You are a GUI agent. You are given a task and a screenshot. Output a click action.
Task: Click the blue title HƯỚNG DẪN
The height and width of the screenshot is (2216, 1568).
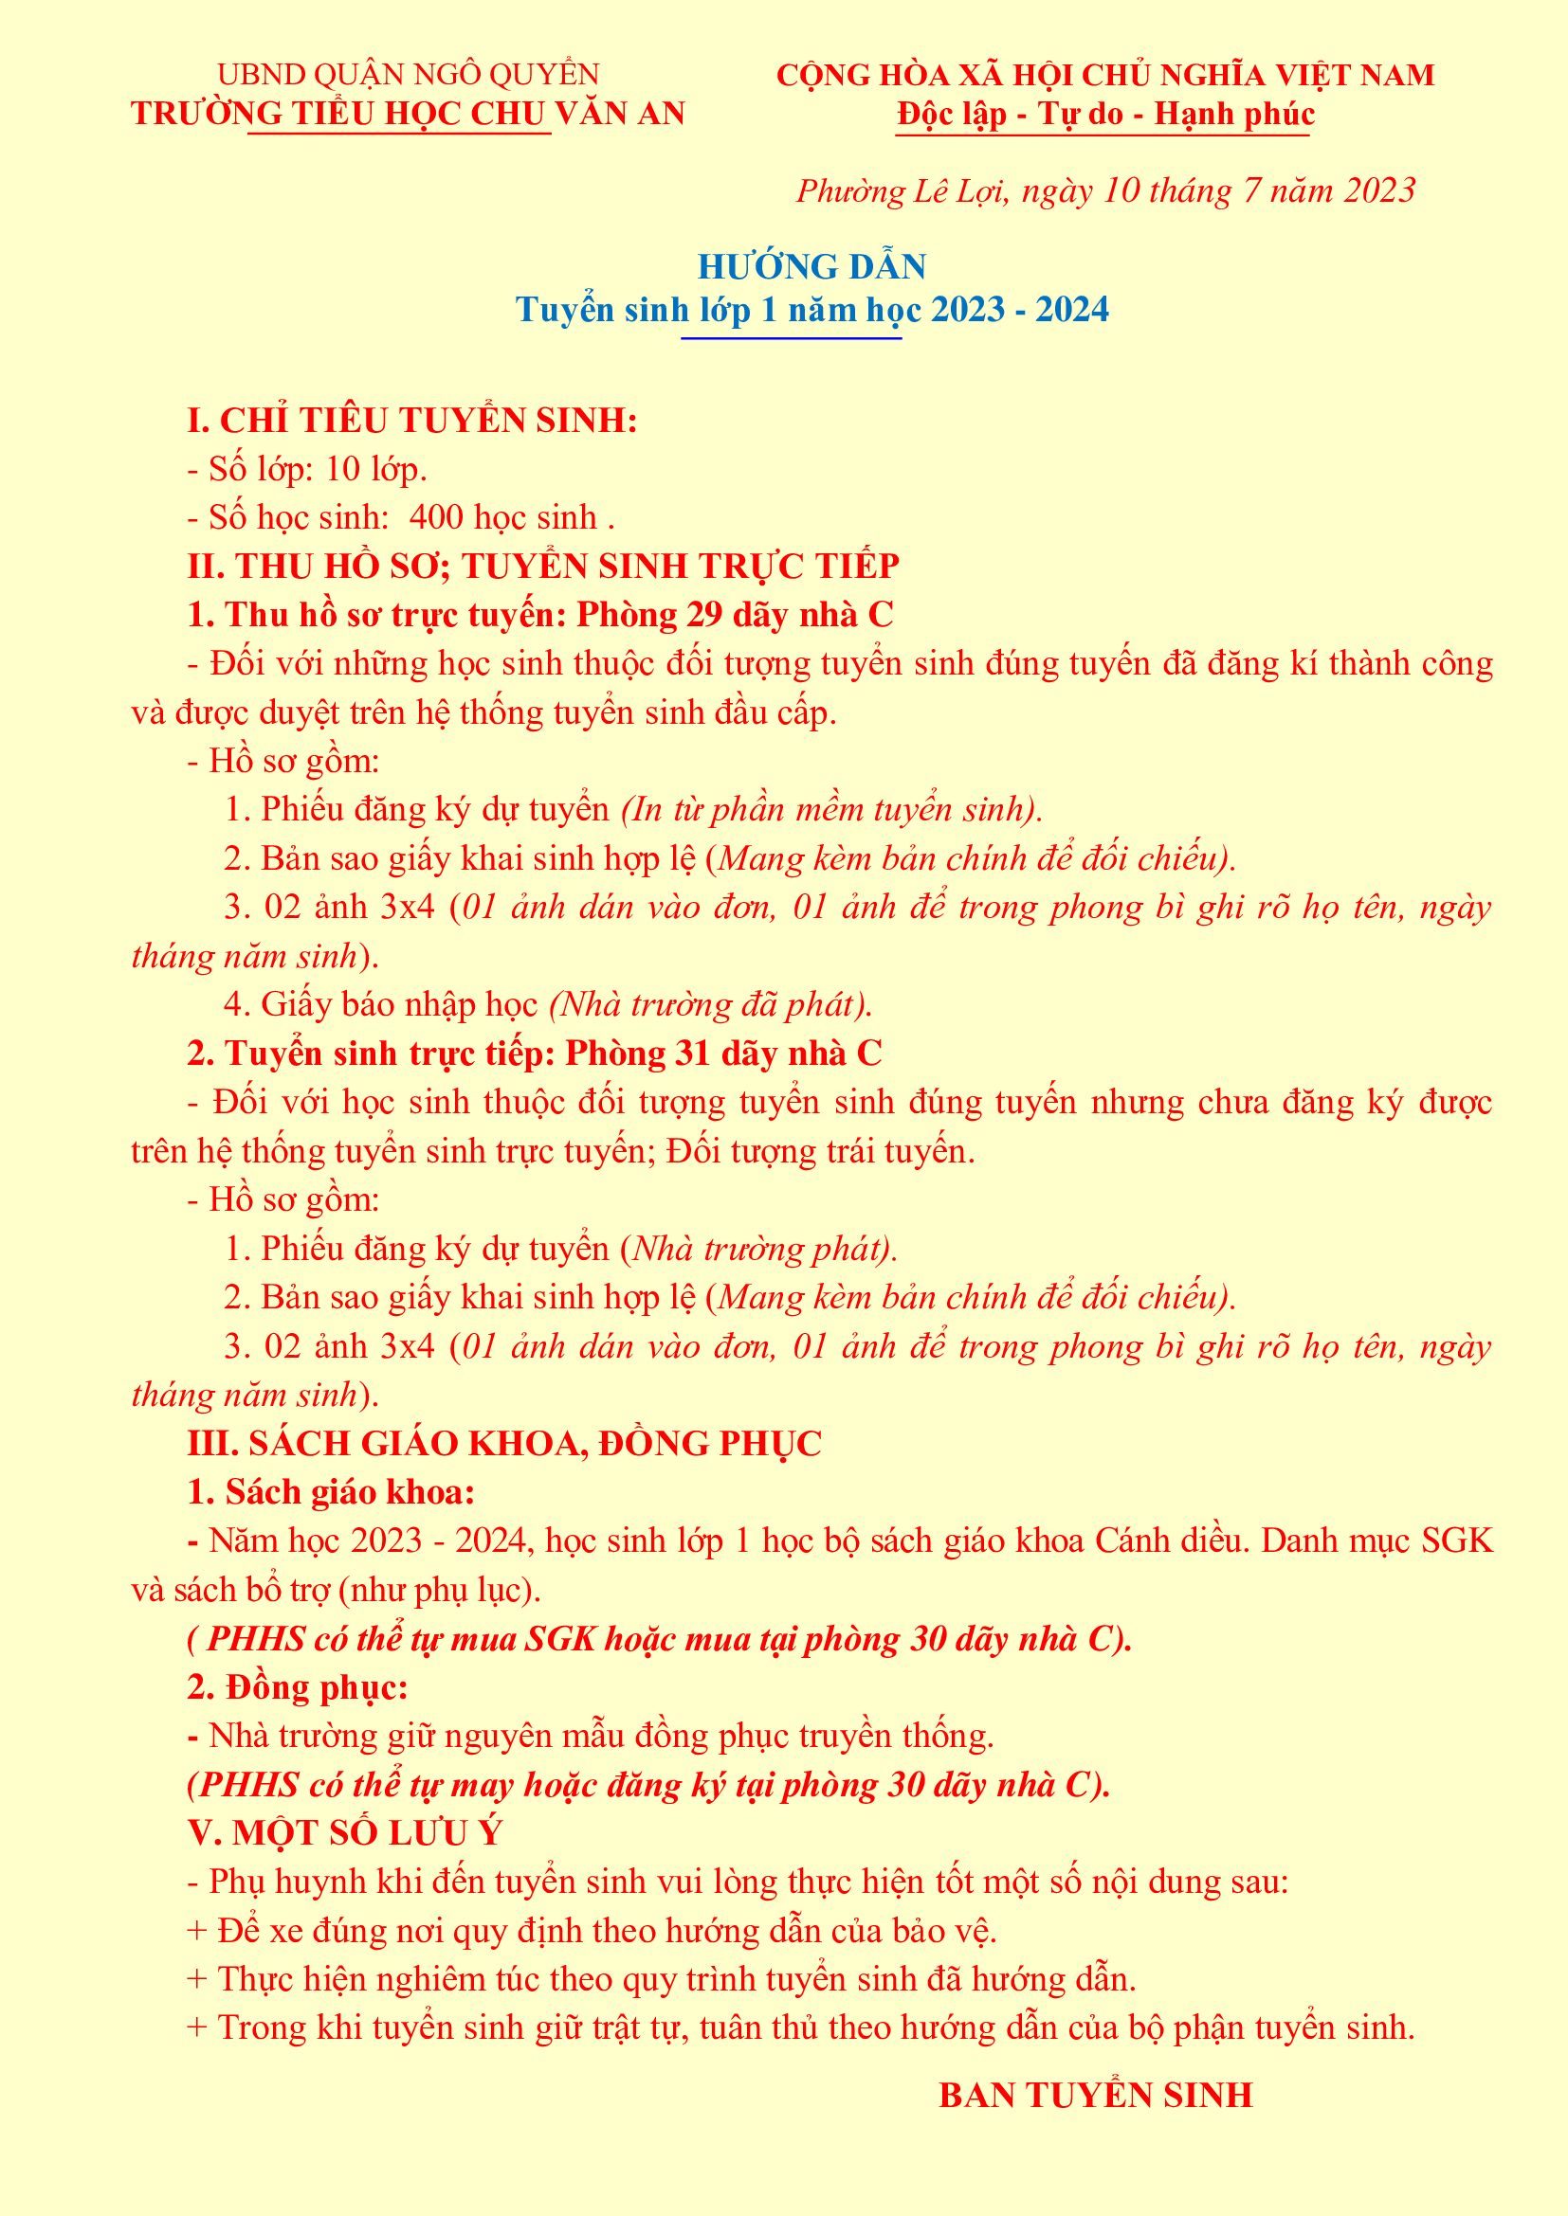pyautogui.click(x=811, y=266)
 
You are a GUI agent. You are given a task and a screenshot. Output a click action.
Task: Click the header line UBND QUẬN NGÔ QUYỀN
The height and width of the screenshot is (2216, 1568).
pyautogui.click(x=408, y=74)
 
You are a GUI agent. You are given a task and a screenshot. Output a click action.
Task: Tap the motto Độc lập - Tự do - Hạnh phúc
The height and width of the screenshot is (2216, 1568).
pyautogui.click(x=1104, y=114)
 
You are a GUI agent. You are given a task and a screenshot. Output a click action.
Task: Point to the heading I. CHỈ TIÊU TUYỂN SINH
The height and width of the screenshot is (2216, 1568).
pyautogui.click(x=412, y=420)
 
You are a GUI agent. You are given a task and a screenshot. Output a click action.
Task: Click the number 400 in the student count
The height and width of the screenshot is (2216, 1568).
pyautogui.click(x=436, y=517)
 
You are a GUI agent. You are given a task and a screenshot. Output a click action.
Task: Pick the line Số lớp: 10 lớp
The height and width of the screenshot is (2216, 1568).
pyautogui.click(x=307, y=469)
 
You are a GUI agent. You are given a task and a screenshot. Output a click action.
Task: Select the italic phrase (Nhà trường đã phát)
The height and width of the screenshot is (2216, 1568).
pyautogui.click(x=711, y=1004)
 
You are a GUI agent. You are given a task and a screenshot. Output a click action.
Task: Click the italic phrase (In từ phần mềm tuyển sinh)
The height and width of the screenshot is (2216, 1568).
pyautogui.click(x=831, y=809)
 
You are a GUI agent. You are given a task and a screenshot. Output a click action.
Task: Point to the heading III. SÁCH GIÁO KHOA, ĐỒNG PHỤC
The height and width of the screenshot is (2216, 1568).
pyautogui.click(x=504, y=1443)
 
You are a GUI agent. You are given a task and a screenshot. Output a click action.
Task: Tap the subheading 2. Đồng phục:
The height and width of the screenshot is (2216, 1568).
pyautogui.click(x=298, y=1687)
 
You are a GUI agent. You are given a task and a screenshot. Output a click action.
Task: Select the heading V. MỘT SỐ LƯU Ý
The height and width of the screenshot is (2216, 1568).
pyautogui.click(x=345, y=1833)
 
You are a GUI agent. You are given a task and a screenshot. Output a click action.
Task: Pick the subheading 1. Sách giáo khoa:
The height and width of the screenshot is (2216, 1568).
pyautogui.click(x=330, y=1492)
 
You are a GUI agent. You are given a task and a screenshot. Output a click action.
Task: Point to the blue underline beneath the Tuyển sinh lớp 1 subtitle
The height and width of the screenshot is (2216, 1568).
pyautogui.click(x=791, y=338)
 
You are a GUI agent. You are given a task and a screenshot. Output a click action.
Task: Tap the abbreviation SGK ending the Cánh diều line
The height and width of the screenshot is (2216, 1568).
pyautogui.click(x=1457, y=1540)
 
